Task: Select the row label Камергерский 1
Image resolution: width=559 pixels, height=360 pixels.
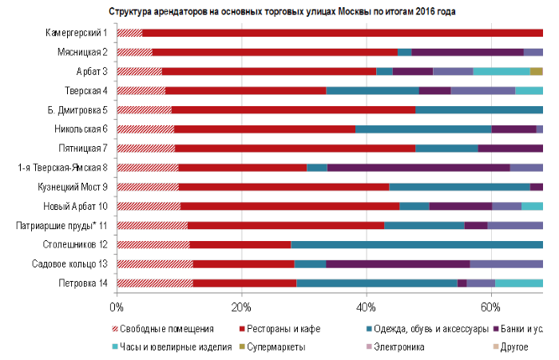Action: (77, 33)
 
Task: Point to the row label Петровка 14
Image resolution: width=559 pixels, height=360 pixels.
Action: (83, 283)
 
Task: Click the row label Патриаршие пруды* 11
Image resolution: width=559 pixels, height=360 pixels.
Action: (63, 225)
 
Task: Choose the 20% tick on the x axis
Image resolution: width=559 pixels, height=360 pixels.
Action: (241, 305)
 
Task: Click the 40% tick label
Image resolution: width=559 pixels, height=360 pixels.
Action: (366, 305)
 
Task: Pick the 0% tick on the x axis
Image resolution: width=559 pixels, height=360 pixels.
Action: (117, 305)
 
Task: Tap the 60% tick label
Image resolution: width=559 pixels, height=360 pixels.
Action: (490, 305)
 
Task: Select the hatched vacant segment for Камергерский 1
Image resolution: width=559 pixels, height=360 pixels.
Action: (129, 33)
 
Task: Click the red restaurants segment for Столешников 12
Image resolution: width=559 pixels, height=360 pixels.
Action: (240, 243)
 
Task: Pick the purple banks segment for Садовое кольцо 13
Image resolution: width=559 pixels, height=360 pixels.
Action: (398, 263)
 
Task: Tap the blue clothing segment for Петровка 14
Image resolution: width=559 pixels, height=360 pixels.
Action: (376, 283)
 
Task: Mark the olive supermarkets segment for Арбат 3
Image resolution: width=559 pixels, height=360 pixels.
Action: (536, 71)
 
